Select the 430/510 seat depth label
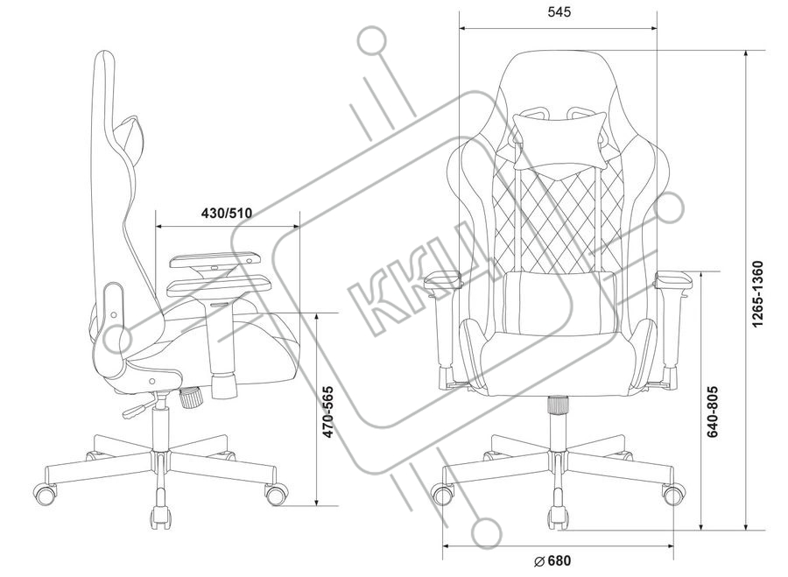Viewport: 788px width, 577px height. [228, 213]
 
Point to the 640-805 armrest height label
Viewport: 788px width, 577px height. [714, 412]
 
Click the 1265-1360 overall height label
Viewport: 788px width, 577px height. [758, 293]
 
